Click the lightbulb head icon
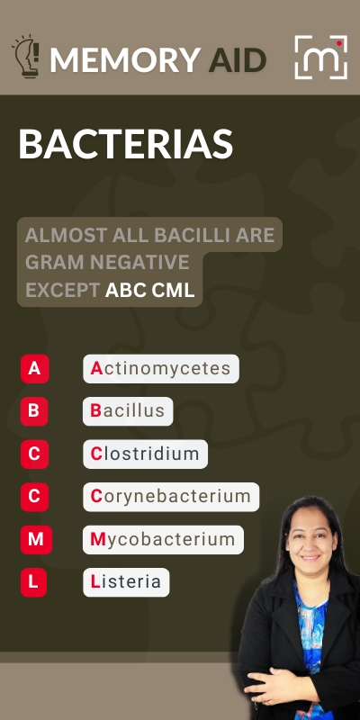coord(27,56)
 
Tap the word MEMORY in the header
coord(125,59)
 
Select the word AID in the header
coord(238,59)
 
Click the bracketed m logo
coord(321,57)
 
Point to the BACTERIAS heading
coord(126,144)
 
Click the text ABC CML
coord(149,290)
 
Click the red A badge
coord(34,369)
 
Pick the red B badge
coord(34,411)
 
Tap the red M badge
coord(36,539)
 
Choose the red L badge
coord(33,582)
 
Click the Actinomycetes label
coord(161,369)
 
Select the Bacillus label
coord(128,411)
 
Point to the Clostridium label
coord(145,454)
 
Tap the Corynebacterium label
coord(171,497)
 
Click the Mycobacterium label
coord(163,539)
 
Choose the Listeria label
coord(126,582)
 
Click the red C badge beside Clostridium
coord(34,454)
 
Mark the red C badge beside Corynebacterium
coord(34,497)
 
